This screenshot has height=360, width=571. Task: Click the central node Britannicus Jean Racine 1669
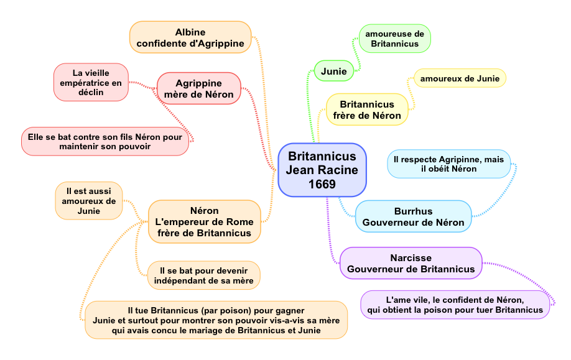[x=322, y=170]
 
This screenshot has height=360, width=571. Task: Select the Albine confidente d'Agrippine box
[x=190, y=37]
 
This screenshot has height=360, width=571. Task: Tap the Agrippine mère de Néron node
[x=198, y=89]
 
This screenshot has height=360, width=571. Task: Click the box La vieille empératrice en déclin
[x=91, y=82]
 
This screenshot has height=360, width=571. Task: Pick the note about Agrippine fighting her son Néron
[x=105, y=141]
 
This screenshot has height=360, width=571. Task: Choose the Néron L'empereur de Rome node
[x=204, y=221]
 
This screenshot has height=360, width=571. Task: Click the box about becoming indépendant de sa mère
[x=204, y=275]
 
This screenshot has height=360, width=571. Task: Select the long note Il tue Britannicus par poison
[x=216, y=320]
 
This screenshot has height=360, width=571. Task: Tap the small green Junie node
[x=334, y=72]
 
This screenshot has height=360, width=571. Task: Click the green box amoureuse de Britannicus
[x=394, y=39]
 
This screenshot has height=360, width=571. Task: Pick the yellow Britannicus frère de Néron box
[x=367, y=109]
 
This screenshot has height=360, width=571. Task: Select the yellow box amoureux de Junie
[x=460, y=78]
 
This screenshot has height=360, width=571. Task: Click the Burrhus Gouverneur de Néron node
[x=413, y=216]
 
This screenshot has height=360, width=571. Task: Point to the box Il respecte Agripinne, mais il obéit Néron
[x=448, y=164]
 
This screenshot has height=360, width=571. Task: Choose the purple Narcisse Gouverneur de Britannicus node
[x=411, y=263]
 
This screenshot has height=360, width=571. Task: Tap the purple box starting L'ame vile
[x=455, y=305]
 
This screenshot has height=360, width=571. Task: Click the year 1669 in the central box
[x=322, y=184]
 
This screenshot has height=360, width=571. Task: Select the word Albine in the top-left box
[x=190, y=32]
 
